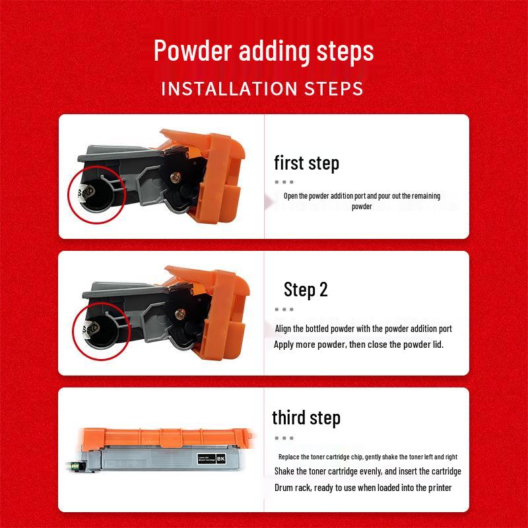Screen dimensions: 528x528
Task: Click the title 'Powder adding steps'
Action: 263,51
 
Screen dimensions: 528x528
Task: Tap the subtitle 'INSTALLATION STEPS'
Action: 262,88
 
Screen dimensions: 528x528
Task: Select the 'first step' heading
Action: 306,163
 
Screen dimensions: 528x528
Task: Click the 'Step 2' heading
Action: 306,289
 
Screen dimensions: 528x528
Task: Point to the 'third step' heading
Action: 306,417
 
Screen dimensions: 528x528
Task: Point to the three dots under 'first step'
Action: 284,182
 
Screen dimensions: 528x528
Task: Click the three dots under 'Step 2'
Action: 284,309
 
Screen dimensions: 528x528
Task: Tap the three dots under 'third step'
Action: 284,437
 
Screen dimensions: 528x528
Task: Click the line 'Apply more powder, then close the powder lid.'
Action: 358,345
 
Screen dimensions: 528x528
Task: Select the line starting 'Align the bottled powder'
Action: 363,329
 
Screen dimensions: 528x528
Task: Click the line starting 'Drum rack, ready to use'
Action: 362,488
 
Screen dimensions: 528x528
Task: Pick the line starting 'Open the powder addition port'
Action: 362,196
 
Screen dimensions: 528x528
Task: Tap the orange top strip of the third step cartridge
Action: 165,435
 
